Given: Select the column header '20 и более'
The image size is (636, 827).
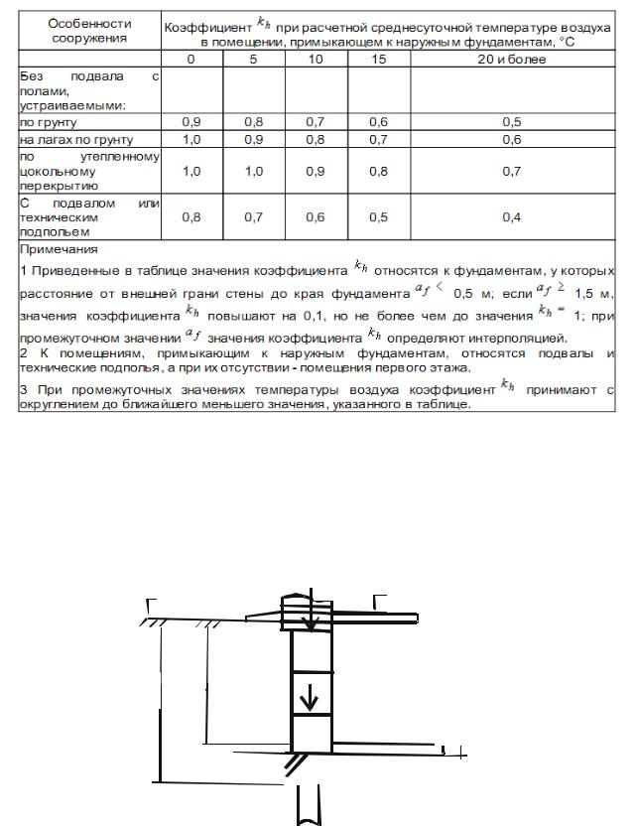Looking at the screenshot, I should coord(511,60).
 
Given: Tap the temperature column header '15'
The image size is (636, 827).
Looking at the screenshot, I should coord(378,60).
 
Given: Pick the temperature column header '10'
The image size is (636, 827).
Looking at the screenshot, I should coord(316,60).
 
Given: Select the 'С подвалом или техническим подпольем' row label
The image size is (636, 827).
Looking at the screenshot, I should coord(89,217).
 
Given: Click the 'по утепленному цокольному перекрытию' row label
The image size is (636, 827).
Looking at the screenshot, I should coord(89,171).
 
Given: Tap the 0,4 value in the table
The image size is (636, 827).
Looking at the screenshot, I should coord(511,217).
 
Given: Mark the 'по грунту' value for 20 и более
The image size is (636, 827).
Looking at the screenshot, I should coord(511,122).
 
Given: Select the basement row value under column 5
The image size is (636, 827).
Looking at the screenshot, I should coord(254,217).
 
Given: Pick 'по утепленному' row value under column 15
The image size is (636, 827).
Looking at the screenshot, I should coord(378,171).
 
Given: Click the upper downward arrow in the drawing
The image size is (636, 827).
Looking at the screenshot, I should coord(310,616).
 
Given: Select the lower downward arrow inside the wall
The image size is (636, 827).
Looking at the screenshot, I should coord(310,699).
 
